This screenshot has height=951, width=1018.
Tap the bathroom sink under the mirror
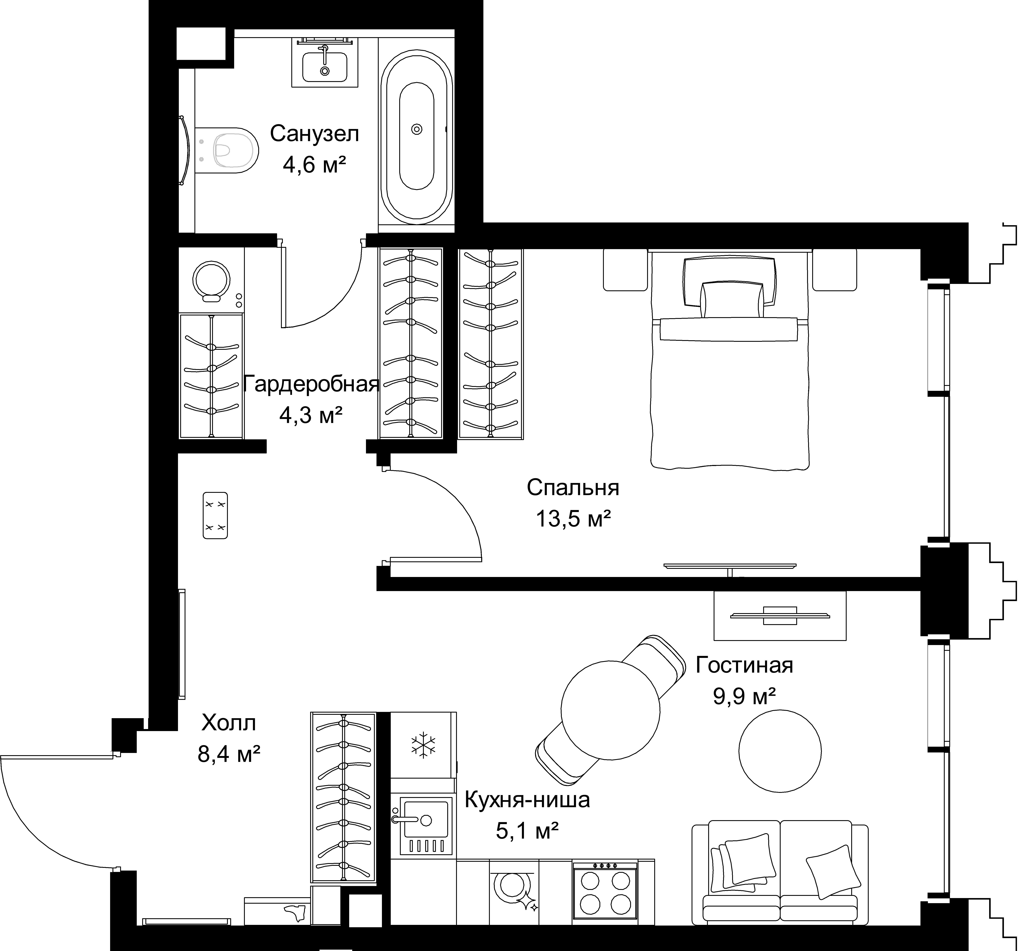click(x=325, y=67)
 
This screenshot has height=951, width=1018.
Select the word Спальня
click(x=573, y=488)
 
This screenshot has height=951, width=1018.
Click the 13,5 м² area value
click(x=573, y=519)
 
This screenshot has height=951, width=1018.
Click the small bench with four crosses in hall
click(x=216, y=515)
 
